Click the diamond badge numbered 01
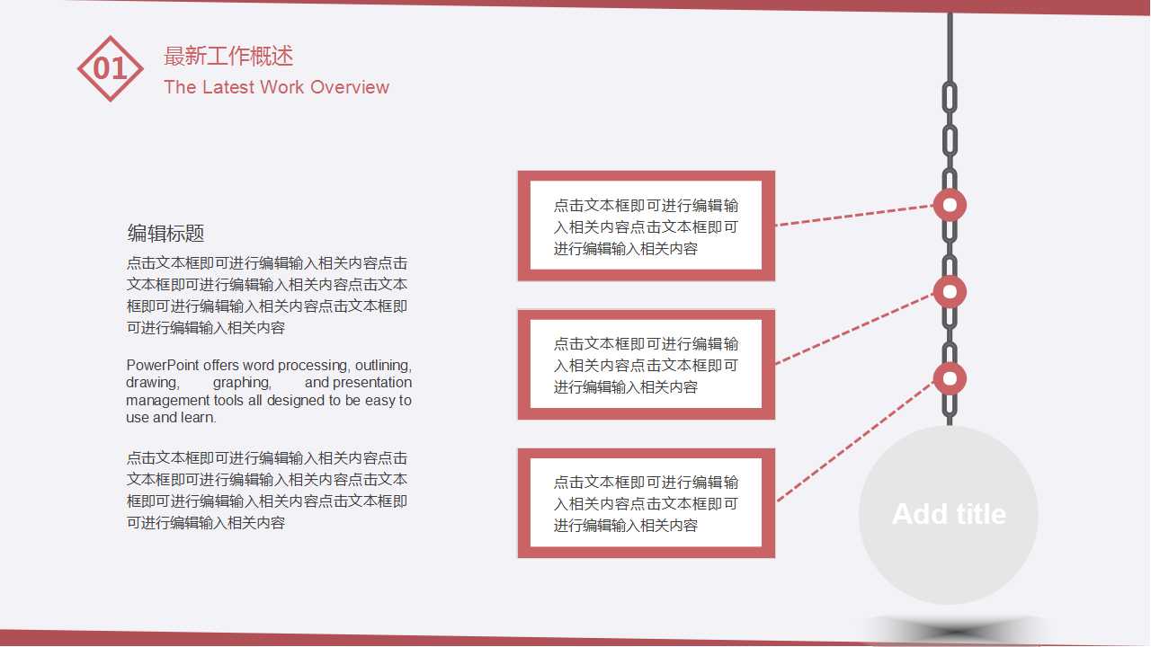tap(111, 68)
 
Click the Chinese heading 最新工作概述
tap(228, 56)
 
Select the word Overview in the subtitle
tap(350, 87)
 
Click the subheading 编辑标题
tap(166, 234)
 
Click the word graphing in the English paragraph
tap(242, 383)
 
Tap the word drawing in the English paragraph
tap(151, 383)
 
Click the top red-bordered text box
tap(646, 226)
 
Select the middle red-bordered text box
tap(646, 364)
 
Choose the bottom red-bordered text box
tap(646, 503)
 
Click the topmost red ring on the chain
tap(950, 205)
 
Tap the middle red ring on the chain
tap(950, 291)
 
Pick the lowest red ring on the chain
tap(950, 378)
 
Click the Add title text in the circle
tap(949, 514)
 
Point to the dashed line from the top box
tap(854, 215)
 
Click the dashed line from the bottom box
tap(854, 440)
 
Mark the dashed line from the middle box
tap(854, 328)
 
